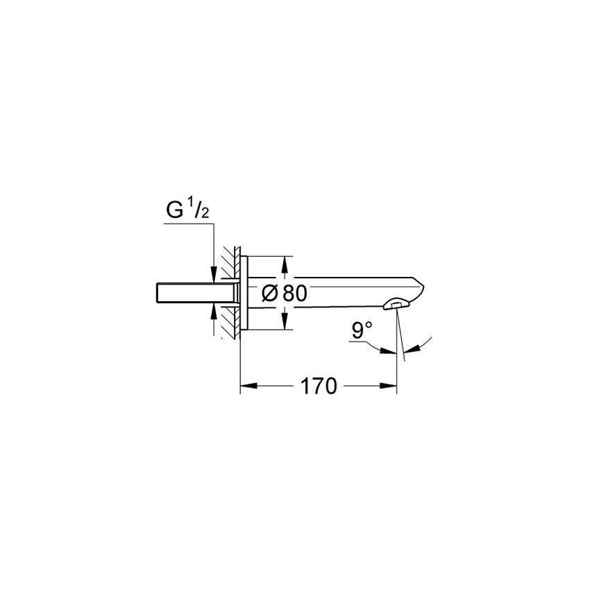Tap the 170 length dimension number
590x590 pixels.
319,387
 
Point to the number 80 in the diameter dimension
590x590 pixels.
294,294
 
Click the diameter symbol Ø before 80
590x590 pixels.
271,294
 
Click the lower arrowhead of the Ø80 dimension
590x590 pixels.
283,324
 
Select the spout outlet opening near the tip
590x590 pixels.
397,303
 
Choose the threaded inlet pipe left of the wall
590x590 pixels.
183,292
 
